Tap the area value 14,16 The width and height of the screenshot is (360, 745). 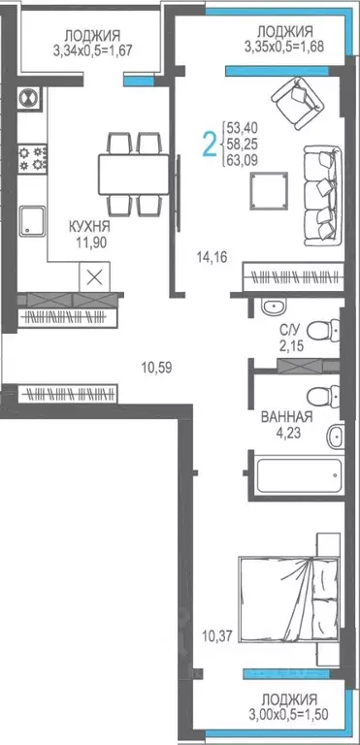[211, 257]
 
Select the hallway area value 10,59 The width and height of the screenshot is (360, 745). [156, 367]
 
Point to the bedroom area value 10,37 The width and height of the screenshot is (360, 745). [217, 636]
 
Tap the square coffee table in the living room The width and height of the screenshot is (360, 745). [268, 191]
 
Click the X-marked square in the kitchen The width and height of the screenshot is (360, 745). [94, 275]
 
